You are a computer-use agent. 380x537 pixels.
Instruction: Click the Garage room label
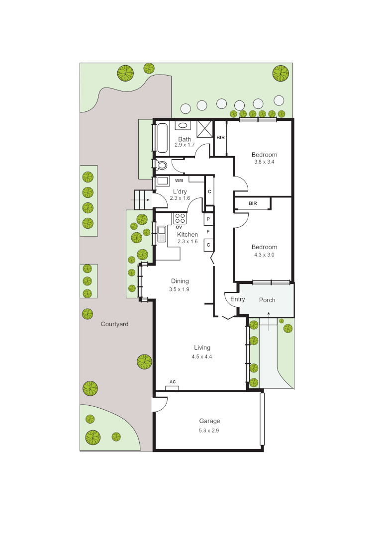coord(209,421)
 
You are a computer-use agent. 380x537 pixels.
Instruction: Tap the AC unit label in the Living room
coord(173,382)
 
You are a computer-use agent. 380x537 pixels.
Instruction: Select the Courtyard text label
coord(114,324)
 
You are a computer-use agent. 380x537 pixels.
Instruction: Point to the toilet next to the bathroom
coord(162,165)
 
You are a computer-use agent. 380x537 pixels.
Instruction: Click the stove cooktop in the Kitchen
coord(180,218)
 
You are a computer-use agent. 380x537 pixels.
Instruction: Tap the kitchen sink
coord(161,234)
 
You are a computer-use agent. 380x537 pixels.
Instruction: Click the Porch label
coord(267,300)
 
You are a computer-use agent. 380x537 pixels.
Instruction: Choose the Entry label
coord(238,299)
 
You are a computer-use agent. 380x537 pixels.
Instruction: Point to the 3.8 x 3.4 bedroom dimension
coord(264,162)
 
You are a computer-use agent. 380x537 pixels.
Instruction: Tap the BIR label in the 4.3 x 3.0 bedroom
coord(253,203)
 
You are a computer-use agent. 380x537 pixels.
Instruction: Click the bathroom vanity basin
coord(183,126)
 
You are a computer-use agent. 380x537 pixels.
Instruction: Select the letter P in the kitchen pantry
coord(208,219)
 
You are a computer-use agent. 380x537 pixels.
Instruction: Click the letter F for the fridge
coord(208,231)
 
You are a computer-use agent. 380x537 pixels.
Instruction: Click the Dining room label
coord(180,281)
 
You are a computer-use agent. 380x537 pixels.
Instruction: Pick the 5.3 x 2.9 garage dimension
coord(209,430)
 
